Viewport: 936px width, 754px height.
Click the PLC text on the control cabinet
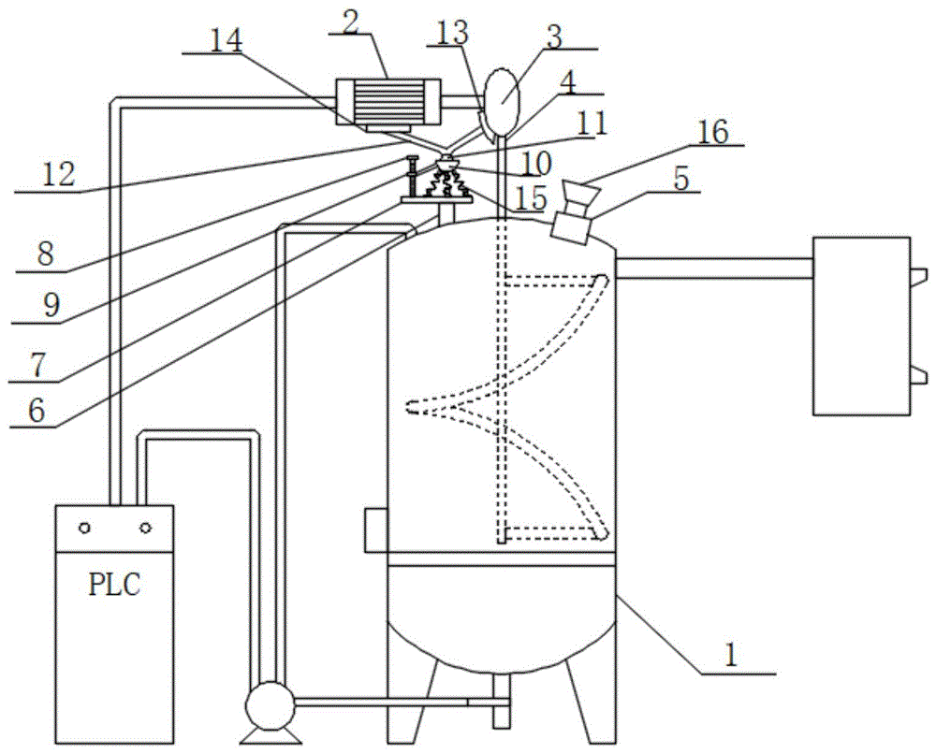point(114,585)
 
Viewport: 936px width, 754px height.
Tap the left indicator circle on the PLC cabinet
point(85,528)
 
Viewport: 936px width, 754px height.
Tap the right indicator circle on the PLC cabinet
point(145,528)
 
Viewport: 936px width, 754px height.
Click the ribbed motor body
point(388,102)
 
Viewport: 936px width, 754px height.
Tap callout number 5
point(681,178)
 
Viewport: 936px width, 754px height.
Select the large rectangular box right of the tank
point(861,326)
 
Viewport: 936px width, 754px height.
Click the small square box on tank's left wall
point(376,529)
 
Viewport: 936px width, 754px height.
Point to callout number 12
point(58,175)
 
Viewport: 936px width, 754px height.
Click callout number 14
point(226,40)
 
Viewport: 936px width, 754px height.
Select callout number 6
point(37,411)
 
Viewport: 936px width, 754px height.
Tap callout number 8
point(45,254)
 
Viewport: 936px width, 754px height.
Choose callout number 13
point(451,33)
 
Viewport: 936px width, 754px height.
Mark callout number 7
point(38,365)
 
